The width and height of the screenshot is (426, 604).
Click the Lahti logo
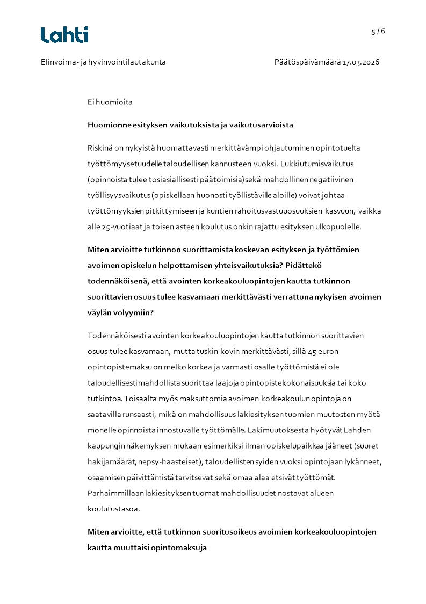64,35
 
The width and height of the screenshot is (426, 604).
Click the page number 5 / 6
378,31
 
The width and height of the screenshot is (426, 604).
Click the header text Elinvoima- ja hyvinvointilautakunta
103,62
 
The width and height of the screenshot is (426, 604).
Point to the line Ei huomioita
110,102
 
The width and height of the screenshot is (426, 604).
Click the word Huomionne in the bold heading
109,125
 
